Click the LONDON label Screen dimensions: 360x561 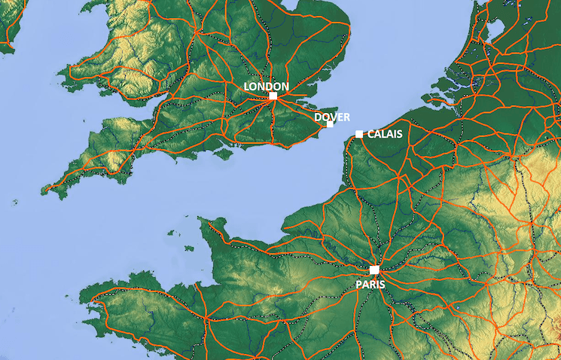(x=267, y=87)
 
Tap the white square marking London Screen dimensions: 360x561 (x=273, y=96)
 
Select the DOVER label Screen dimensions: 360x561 (x=332, y=117)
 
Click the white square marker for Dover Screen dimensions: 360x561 (x=330, y=124)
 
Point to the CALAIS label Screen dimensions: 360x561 (x=385, y=134)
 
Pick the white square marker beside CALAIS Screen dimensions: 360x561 (x=359, y=134)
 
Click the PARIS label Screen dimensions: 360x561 (x=371, y=284)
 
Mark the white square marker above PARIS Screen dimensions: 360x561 (x=374, y=270)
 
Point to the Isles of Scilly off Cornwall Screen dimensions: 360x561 (x=15, y=201)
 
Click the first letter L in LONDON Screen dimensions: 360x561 (x=247, y=87)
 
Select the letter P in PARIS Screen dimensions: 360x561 (x=360, y=284)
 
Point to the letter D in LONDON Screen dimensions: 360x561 (x=269, y=87)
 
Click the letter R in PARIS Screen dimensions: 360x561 (x=374, y=284)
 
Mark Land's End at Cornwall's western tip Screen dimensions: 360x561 (x=44, y=190)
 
